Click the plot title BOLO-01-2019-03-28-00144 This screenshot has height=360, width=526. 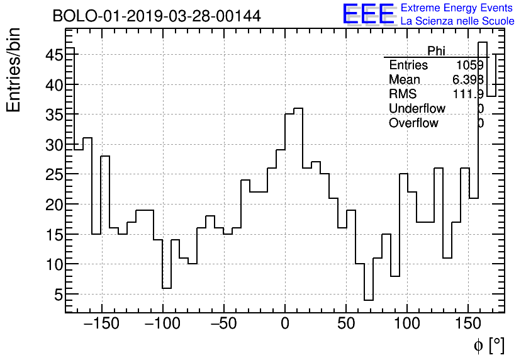pos(157,16)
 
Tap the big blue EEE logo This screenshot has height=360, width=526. pos(368,14)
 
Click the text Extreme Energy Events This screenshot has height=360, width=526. pos(457,8)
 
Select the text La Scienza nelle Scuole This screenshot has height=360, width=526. pos(457,21)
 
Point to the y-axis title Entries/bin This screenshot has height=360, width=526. pos(14,70)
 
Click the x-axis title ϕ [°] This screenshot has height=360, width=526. pos(488,345)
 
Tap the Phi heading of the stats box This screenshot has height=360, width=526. pos(436,51)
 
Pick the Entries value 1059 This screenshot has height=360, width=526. pos(470,65)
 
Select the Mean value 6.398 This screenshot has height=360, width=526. pos(468,80)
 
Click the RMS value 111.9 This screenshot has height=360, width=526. pos(468,94)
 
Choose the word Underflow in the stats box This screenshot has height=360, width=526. pos(417,108)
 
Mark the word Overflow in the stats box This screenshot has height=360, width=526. pos(413,123)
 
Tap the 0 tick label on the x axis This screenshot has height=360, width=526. pos(285,324)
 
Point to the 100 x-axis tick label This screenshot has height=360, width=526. pos(407,324)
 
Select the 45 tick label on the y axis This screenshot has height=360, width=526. pos(53,55)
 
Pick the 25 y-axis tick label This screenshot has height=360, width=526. pos(53,174)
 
